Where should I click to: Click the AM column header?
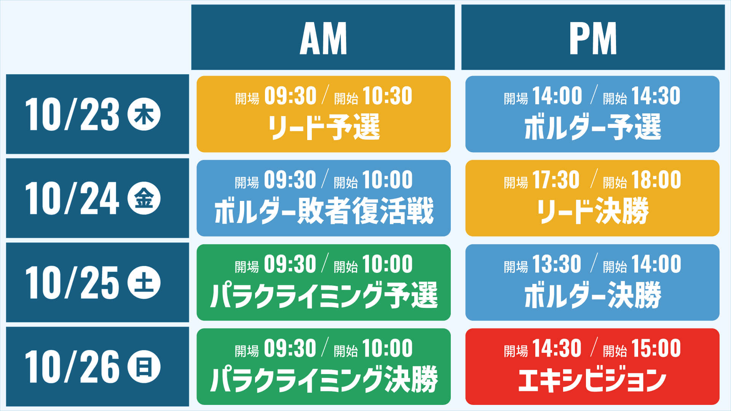(323, 38)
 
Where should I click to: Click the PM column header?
(593, 38)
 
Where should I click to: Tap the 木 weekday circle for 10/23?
(144, 115)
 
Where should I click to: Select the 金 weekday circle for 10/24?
(144, 199)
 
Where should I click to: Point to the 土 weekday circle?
(144, 283)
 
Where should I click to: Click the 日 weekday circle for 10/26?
(144, 367)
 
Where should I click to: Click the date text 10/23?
(72, 115)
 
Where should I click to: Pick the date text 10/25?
(72, 283)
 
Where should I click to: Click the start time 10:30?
(387, 96)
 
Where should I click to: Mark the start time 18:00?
(656, 180)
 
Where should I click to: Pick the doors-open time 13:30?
(556, 264)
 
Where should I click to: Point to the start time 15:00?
(656, 348)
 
